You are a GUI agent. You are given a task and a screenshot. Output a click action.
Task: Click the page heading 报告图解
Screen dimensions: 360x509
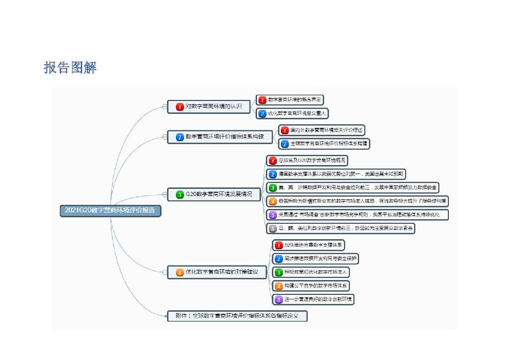(70, 68)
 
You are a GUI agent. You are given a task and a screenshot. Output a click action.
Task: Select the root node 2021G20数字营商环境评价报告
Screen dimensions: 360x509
(110, 210)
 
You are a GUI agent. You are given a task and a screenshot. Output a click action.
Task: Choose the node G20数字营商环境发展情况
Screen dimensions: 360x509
(214, 194)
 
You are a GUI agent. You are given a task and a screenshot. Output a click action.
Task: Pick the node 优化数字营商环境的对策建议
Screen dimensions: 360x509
(217, 272)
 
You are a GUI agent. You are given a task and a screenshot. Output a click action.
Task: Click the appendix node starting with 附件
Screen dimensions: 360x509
(237, 316)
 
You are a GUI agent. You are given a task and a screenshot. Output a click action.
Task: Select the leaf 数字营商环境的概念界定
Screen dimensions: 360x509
(290, 100)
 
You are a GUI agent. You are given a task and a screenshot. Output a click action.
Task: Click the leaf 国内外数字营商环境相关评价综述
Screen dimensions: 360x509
(322, 130)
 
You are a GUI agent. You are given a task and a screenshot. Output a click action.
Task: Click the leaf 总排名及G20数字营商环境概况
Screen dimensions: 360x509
(307, 161)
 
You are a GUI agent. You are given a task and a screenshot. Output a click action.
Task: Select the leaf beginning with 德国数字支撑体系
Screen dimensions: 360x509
(337, 174)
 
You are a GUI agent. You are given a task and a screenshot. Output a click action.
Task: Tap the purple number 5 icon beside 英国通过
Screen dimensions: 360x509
(273, 215)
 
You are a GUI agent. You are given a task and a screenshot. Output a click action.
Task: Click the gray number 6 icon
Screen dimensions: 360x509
(273, 229)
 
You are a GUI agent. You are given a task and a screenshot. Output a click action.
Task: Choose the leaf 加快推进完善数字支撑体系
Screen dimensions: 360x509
(308, 245)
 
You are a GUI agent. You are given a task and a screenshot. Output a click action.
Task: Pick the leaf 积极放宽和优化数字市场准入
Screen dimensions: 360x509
(311, 272)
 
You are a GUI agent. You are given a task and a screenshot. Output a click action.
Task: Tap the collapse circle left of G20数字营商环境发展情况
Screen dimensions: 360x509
(165, 194)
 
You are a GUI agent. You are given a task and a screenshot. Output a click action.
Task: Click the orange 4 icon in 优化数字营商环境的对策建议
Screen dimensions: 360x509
(180, 272)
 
